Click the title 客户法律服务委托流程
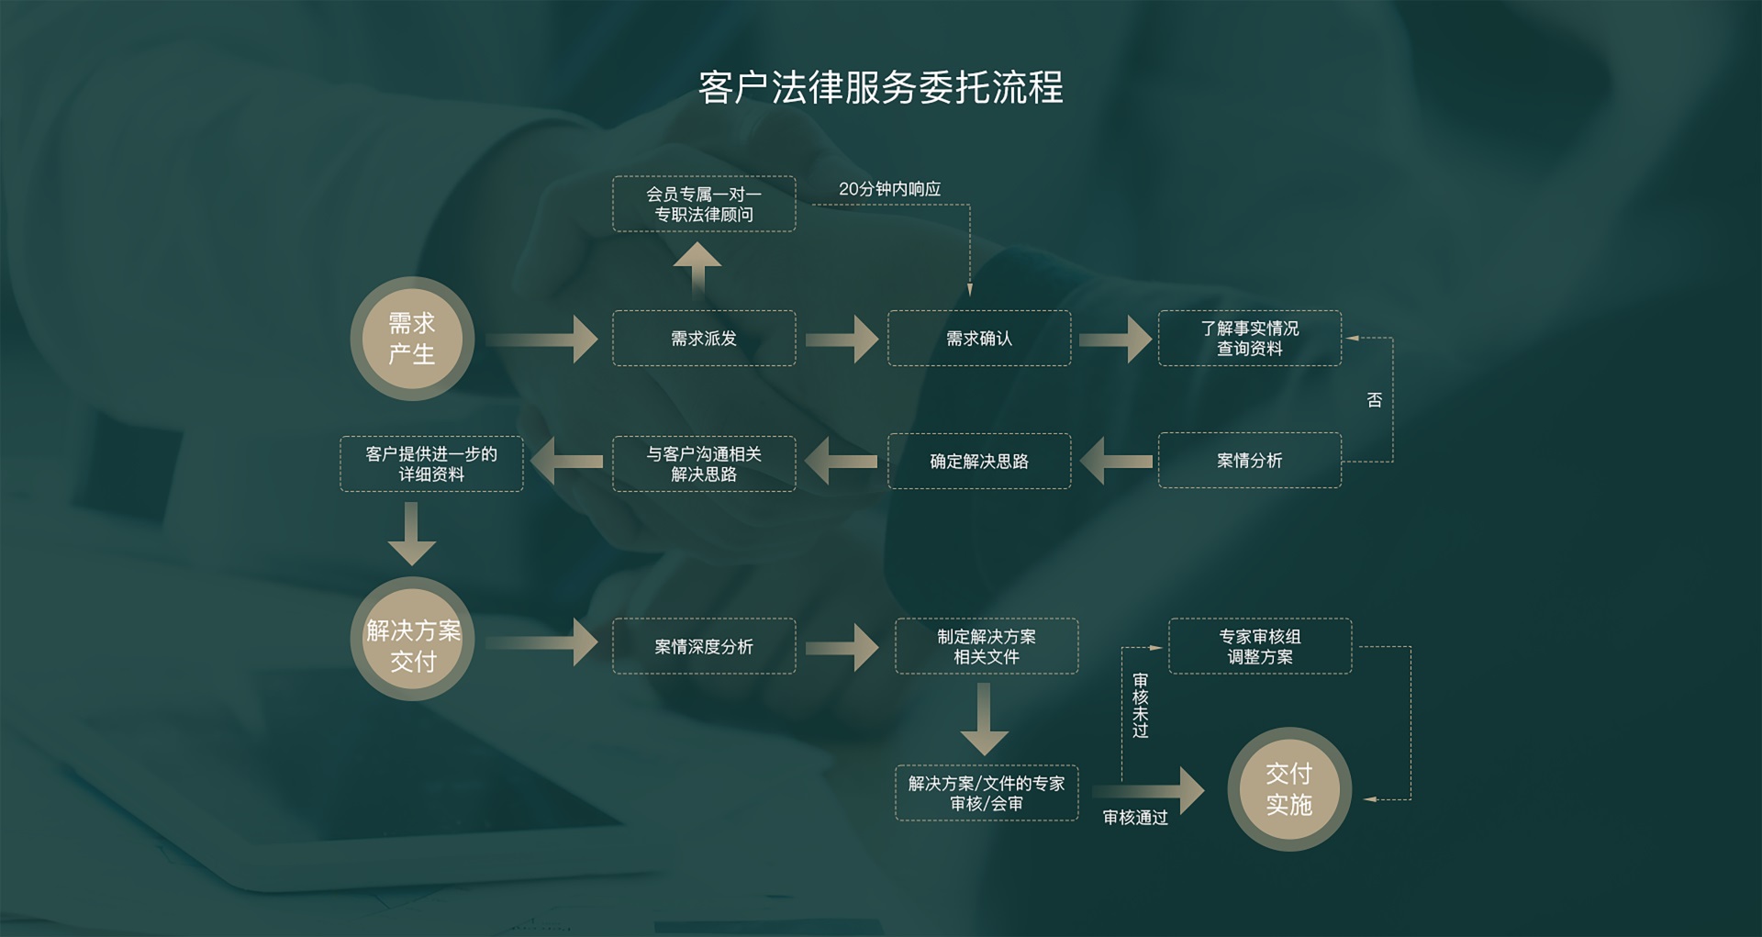point(880,88)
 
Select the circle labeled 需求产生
point(412,339)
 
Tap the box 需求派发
point(704,339)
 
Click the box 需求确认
point(979,339)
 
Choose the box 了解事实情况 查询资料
point(1249,339)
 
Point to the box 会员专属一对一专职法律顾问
point(704,204)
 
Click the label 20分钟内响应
point(889,189)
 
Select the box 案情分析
point(1249,461)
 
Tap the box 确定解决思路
point(979,461)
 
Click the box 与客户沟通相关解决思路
point(704,463)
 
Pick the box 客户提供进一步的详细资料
point(431,463)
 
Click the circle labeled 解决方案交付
point(412,646)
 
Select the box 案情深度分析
point(704,646)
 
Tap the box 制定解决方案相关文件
point(986,646)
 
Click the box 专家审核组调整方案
point(1259,646)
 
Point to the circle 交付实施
point(1288,789)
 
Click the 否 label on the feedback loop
point(1374,400)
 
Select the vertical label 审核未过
point(1140,705)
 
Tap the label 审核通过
point(1135,818)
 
